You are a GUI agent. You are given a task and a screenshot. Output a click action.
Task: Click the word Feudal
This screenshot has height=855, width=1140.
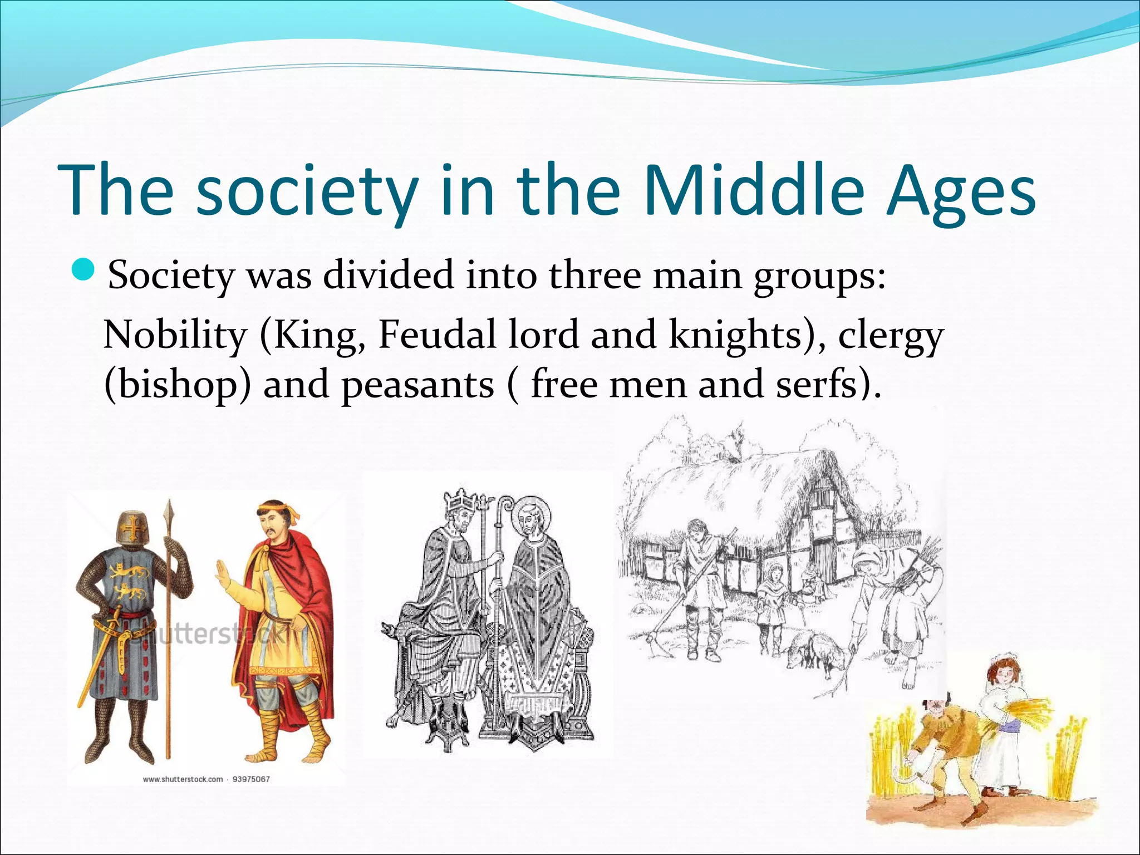point(437,335)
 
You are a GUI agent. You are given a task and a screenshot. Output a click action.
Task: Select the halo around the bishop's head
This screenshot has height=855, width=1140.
point(531,514)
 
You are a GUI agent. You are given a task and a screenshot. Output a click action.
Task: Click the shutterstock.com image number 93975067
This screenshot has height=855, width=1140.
point(250,779)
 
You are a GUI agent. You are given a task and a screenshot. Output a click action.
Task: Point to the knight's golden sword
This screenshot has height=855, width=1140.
point(98,657)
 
